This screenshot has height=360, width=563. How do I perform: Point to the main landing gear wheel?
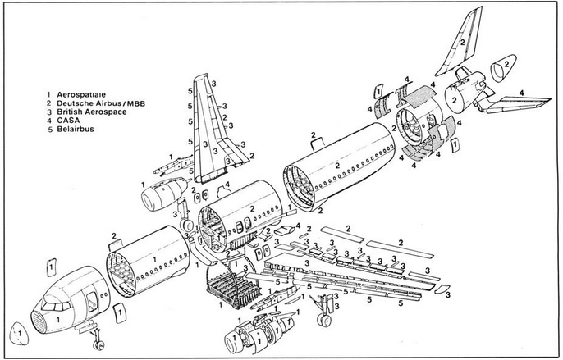point(326,315)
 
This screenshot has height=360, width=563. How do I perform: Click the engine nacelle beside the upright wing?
point(162,198)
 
